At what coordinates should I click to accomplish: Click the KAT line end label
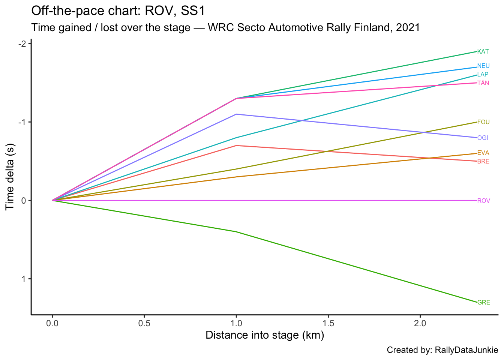pos(483,52)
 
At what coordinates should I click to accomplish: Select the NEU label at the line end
pos(483,66)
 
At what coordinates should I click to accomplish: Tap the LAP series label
pos(483,75)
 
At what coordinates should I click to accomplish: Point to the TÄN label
pos(483,83)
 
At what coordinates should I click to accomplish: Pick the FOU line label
pos(483,122)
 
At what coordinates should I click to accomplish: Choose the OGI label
pos(483,138)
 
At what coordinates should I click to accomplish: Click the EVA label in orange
pos(483,153)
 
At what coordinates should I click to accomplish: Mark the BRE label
pos(483,162)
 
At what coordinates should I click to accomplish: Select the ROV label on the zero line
pos(483,201)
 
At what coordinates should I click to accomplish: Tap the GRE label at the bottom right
pos(483,303)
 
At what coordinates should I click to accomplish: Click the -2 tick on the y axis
pos(22,44)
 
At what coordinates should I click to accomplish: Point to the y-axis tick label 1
pos(24,279)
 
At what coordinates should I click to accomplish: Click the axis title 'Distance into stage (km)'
pos(265,335)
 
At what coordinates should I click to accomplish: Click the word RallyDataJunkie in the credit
pos(466,350)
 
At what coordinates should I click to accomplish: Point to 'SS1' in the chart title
pos(193,11)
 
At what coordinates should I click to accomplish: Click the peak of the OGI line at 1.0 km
pos(236,114)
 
